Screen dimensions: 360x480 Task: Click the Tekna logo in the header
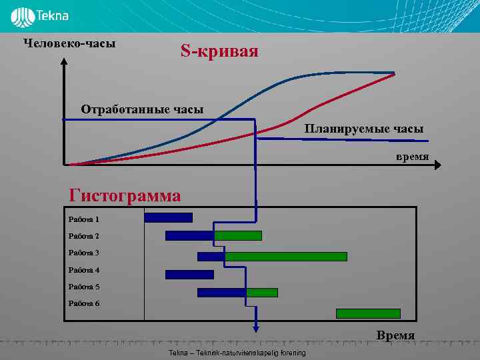(39, 15)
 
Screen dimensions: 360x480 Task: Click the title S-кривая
(219, 51)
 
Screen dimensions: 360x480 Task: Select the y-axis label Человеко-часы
(69, 43)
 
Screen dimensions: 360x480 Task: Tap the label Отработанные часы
(142, 109)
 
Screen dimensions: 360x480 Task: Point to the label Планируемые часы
(364, 129)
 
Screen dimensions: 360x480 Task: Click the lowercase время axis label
(412, 157)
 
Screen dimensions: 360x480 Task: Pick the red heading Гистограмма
(125, 196)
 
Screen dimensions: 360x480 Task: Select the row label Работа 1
(83, 219)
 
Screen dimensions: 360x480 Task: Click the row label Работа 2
(83, 236)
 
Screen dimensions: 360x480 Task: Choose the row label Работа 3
(83, 253)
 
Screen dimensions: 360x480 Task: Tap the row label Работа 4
(83, 270)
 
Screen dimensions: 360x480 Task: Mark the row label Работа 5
(83, 287)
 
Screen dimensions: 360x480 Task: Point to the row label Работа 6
(83, 304)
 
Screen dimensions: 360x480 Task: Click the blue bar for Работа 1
(168, 217)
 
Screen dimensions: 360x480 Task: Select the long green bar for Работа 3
(286, 257)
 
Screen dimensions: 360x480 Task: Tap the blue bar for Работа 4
(189, 274)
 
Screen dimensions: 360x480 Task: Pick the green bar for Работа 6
(368, 313)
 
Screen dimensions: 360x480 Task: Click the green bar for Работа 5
(262, 292)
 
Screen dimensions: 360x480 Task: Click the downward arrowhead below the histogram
(255, 326)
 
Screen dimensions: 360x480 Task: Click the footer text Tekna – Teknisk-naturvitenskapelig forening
(237, 353)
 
